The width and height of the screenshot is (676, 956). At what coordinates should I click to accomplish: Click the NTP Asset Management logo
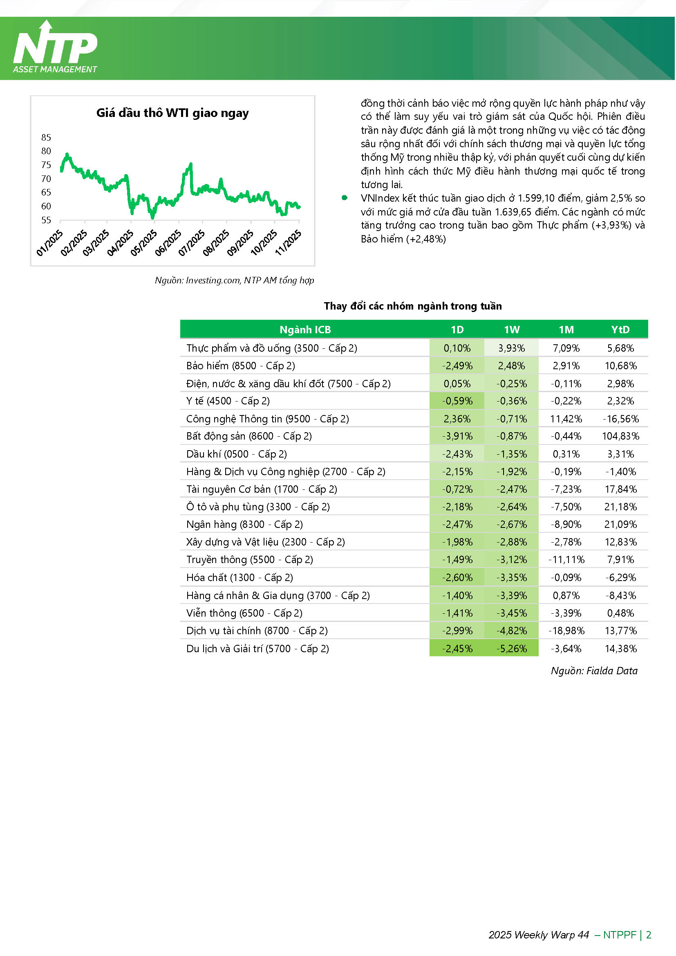pos(55,47)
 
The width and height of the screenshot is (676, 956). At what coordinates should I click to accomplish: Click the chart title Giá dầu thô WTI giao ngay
pos(172,113)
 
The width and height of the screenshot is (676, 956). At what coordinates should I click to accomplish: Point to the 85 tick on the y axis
pos(46,137)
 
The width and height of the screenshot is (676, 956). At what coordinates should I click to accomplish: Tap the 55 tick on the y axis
pos(46,220)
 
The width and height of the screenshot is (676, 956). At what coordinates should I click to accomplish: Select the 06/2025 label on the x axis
pos(168,243)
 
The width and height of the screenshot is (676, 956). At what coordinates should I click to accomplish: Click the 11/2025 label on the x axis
pos(288,243)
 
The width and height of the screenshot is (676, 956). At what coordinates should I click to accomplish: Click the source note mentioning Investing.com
pos(234,280)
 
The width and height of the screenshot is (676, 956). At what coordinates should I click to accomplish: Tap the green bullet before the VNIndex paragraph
pos(344,198)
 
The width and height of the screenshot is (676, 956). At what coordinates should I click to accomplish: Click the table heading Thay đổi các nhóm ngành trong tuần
pos(413,306)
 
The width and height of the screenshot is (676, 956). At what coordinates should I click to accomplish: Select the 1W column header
pos(512,330)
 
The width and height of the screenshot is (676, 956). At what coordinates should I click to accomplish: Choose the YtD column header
pos(620,330)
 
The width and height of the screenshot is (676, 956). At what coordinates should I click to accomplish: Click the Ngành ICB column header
pos(305,330)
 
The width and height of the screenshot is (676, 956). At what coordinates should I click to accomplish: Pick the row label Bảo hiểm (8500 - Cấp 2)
pos(241,366)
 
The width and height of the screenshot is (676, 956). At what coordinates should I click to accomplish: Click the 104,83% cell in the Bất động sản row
pos(620,436)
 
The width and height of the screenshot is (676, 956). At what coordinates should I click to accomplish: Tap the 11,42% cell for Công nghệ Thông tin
pos(566,418)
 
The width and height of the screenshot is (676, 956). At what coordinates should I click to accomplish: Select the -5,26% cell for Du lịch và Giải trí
pos(512,648)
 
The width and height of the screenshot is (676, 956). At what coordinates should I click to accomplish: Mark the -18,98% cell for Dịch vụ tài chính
pos(566,631)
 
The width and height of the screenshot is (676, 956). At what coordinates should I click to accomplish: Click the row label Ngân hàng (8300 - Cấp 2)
pos(244,524)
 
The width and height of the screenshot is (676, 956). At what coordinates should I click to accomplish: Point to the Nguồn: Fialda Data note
pos(594,671)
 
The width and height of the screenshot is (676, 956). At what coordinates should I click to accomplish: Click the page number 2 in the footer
pos(649,935)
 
